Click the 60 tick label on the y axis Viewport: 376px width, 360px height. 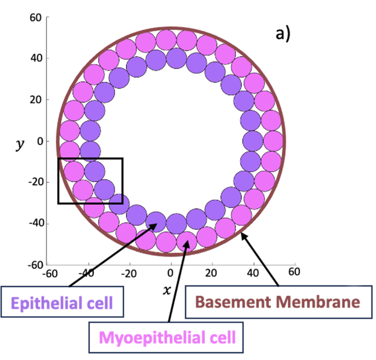(36, 17)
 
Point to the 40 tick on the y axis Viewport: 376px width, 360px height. (36, 58)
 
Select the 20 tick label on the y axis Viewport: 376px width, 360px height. (36, 100)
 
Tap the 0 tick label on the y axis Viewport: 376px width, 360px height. (39, 141)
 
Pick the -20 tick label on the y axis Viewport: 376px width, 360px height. (34, 182)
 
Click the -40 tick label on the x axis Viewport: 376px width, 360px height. (87, 272)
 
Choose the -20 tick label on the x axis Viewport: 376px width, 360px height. (129, 272)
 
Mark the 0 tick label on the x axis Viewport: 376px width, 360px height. (170, 272)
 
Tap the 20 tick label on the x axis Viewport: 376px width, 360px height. (212, 272)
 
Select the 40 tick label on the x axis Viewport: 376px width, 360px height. (253, 272)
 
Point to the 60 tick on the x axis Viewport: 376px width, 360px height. (294, 272)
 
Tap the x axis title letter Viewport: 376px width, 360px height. (167, 289)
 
